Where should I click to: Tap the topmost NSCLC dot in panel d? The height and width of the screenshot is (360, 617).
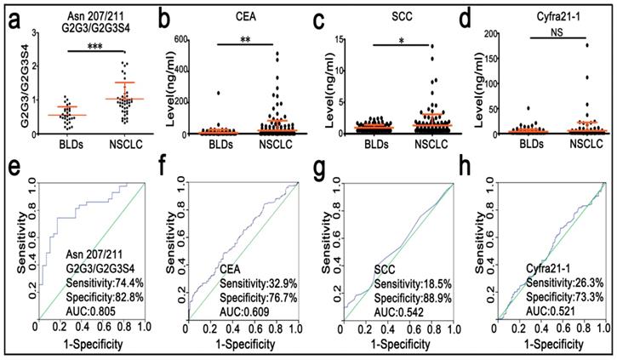pyautogui.click(x=586, y=45)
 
